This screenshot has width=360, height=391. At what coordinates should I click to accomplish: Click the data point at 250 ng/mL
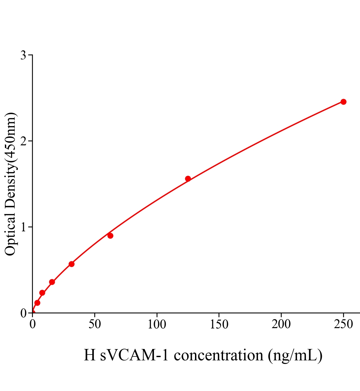(343, 102)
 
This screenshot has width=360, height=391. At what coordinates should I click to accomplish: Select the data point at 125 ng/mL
(188, 179)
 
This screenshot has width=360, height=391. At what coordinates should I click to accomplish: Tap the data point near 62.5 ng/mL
(110, 236)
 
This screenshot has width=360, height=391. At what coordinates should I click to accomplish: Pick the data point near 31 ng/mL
(71, 264)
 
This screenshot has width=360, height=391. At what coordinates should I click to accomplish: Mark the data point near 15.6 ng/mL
(52, 282)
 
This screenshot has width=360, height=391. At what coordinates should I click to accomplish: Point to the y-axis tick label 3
(23, 55)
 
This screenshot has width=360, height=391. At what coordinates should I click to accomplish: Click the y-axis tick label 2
(23, 141)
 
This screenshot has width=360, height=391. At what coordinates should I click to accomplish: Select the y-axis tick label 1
(23, 227)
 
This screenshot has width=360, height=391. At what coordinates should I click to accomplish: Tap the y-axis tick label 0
(23, 313)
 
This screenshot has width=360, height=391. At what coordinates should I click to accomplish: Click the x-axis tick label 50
(95, 325)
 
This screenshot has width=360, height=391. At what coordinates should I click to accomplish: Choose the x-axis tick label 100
(157, 325)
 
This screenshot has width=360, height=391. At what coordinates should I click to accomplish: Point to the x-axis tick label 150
(219, 325)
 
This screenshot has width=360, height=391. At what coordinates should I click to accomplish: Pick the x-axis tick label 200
(281, 325)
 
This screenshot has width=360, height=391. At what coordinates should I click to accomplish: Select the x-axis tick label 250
(343, 325)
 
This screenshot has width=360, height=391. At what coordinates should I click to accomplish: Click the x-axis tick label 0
(33, 325)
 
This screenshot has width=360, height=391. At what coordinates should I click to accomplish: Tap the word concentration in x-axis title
(218, 355)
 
